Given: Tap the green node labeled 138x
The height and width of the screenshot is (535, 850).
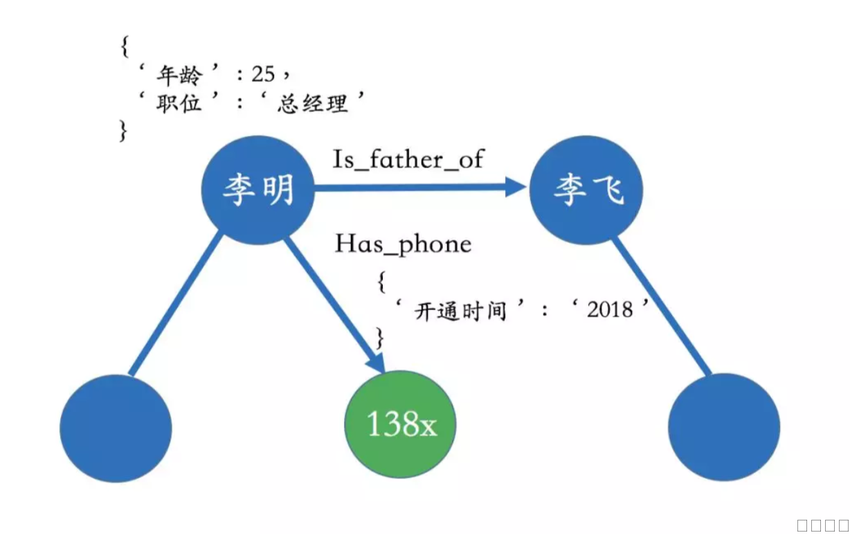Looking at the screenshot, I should (x=401, y=424).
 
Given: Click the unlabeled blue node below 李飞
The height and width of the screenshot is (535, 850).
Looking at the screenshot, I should (x=724, y=428).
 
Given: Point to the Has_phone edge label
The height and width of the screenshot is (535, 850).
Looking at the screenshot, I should (x=403, y=244).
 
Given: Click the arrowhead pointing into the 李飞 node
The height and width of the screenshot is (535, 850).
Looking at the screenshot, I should (x=516, y=187).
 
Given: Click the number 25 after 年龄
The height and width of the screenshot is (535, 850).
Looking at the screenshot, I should (x=263, y=74).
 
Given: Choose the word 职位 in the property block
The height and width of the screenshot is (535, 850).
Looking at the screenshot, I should (x=177, y=104).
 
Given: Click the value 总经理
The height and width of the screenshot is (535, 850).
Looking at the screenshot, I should (x=311, y=104).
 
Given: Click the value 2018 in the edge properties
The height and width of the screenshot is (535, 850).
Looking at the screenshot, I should (x=609, y=309).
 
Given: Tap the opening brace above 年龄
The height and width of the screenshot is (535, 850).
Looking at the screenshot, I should (x=125, y=47).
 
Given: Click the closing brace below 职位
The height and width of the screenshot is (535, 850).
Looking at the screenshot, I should (x=124, y=131).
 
